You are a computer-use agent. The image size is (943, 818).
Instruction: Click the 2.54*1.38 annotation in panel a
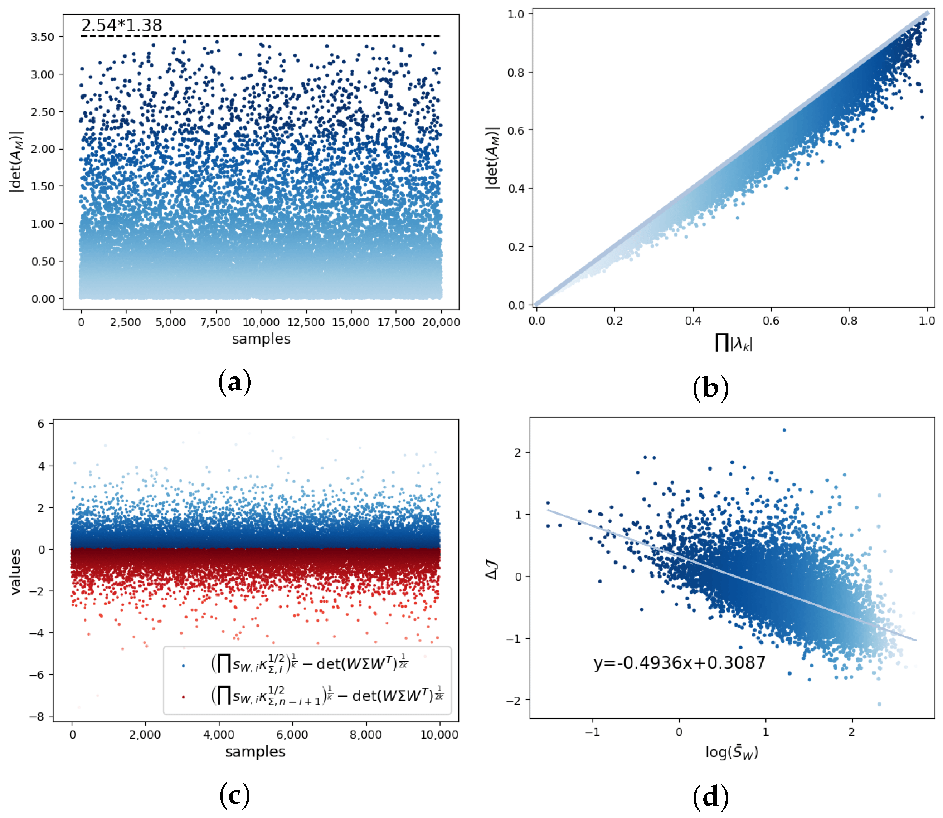(x=121, y=25)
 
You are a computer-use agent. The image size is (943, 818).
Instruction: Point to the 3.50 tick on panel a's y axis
(x=43, y=37)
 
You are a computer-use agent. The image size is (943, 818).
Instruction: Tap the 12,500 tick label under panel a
(x=305, y=322)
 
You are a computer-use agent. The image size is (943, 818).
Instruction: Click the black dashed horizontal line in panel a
(x=260, y=36)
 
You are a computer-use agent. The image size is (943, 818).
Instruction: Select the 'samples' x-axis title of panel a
(x=261, y=339)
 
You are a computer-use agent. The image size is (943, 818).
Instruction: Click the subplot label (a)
(x=235, y=382)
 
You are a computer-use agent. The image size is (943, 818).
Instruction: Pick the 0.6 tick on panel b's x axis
(x=771, y=321)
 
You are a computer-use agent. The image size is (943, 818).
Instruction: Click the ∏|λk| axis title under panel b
(x=734, y=343)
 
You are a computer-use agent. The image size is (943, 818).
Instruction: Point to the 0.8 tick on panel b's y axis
(x=516, y=72)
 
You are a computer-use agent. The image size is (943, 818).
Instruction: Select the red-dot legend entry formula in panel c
(x=327, y=696)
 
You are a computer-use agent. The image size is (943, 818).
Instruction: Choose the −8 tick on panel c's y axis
(x=36, y=716)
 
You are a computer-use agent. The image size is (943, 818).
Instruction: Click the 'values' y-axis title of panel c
(x=16, y=571)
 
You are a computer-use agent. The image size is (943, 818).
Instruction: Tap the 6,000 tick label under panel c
(x=292, y=735)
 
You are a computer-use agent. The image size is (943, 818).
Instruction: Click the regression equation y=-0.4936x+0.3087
(x=679, y=663)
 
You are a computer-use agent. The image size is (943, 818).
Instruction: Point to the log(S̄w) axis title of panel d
(x=731, y=752)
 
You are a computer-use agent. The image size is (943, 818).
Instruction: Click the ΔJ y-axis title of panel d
(x=492, y=571)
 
